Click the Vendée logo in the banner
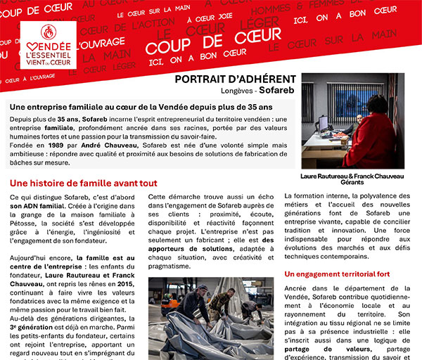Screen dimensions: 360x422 coord(48,44)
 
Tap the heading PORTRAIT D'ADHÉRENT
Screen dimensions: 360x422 coord(235,79)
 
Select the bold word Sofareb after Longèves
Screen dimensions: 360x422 coord(277,91)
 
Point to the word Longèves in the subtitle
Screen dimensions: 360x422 coord(234,91)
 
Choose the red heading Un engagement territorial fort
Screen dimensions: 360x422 coord(336,274)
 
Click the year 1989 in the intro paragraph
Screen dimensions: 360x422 coord(59,144)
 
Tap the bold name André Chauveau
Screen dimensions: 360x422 coord(104,144)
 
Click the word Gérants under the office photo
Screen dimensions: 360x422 coord(352,183)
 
